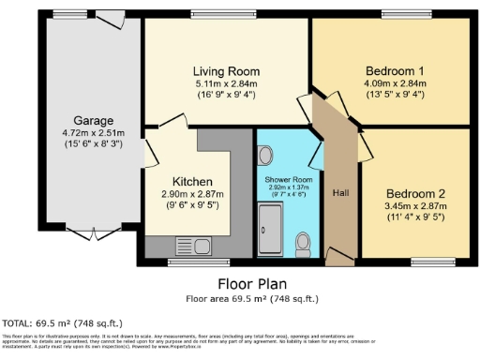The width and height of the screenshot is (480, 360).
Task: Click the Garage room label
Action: click(95, 121)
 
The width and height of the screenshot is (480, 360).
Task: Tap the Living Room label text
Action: click(226, 72)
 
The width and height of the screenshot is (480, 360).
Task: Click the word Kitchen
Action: click(192, 182)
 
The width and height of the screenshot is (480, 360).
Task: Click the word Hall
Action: click(340, 192)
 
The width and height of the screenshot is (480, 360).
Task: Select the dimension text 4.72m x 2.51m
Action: click(95, 134)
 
